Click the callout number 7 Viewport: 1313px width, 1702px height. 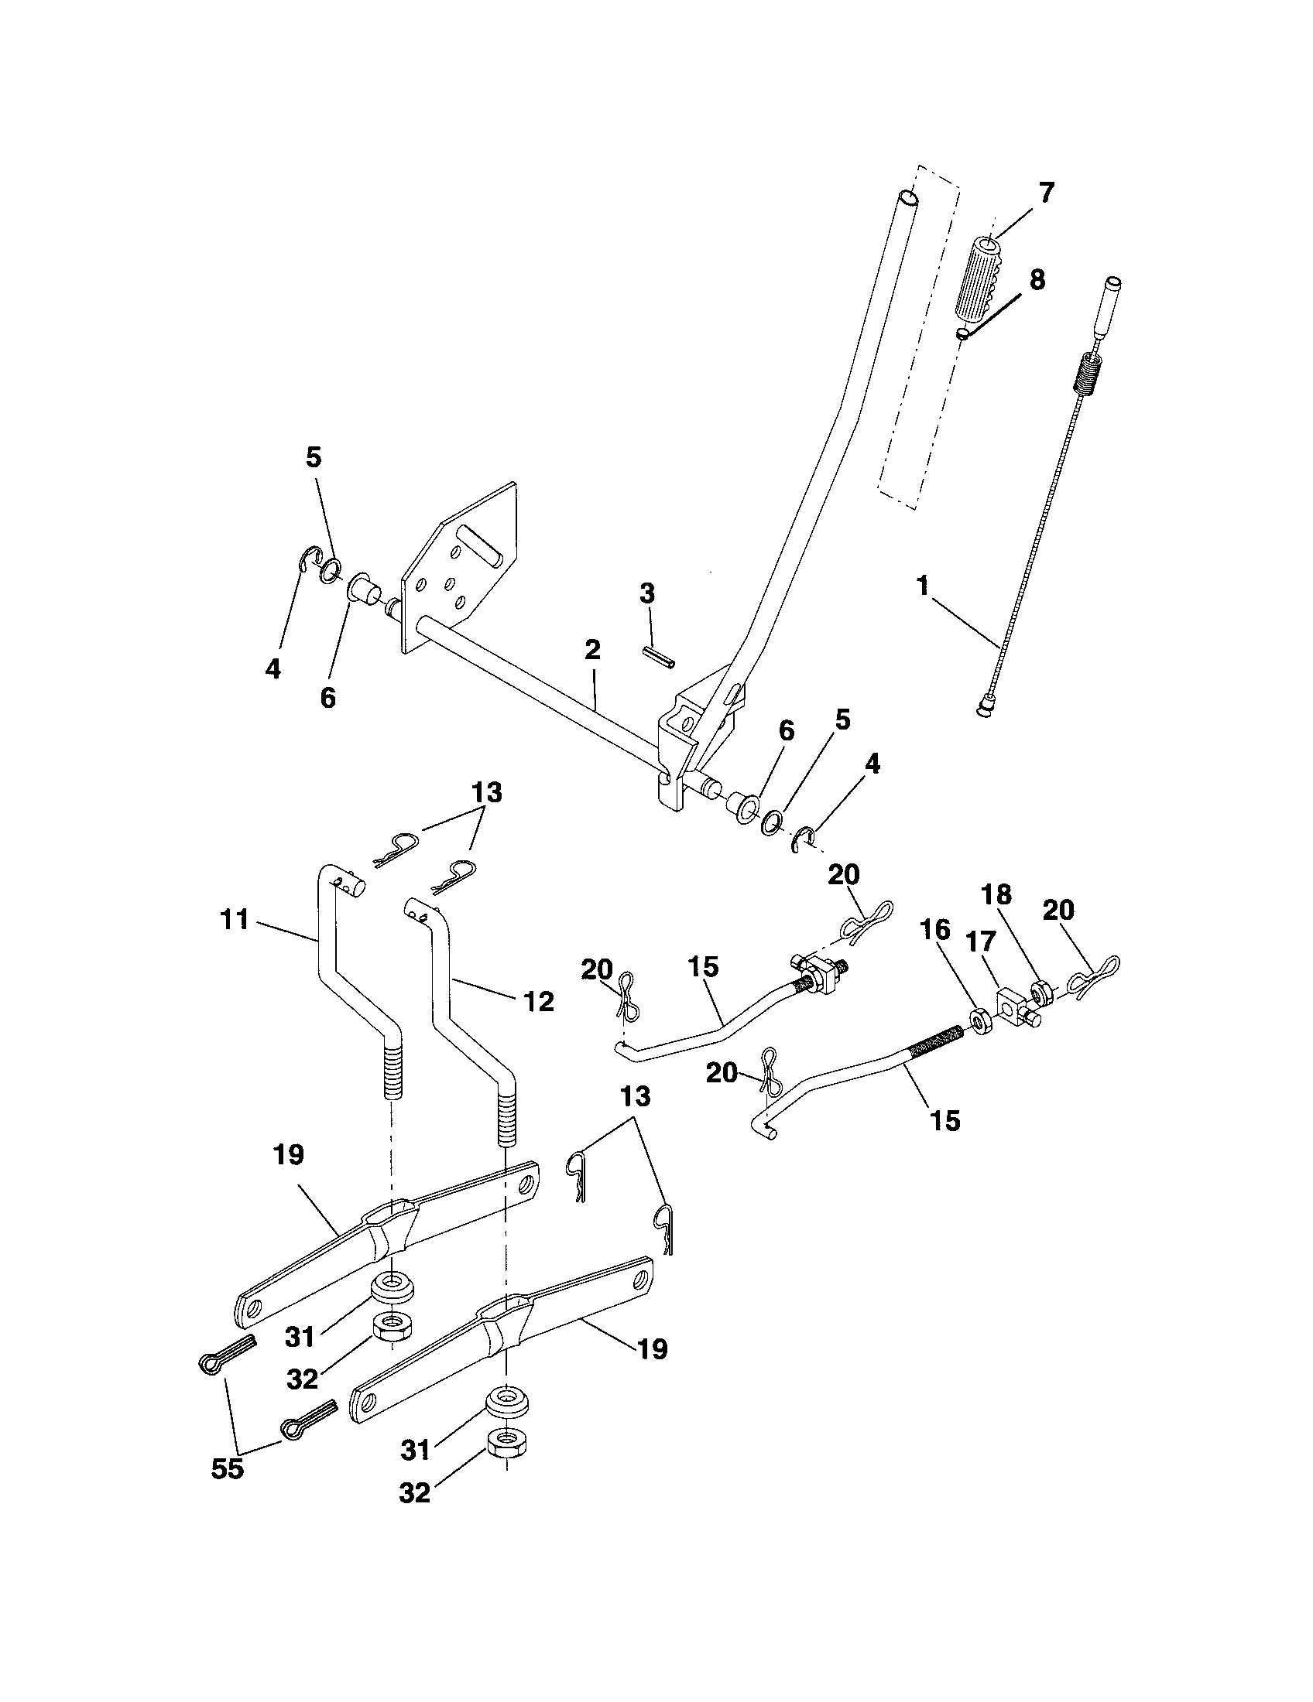(1046, 192)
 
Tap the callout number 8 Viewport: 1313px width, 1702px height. (1037, 280)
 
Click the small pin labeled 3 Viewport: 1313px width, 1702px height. (659, 656)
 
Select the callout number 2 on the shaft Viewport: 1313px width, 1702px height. (591, 651)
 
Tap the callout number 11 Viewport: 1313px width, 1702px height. (234, 920)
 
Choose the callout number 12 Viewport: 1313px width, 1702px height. (538, 1001)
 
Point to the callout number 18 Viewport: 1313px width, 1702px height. (1018, 894)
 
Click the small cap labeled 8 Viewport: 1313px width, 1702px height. (965, 333)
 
